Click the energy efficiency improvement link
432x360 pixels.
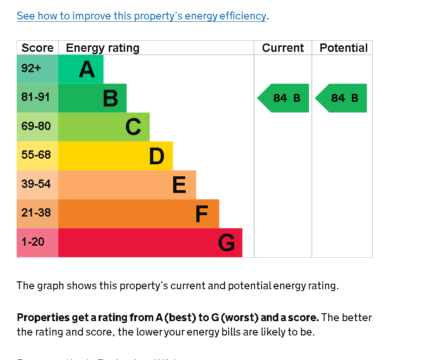click(141, 16)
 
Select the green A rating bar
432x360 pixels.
click(81, 69)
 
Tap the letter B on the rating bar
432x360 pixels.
click(110, 98)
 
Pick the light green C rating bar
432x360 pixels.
click(104, 127)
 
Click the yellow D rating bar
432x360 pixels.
click(115, 156)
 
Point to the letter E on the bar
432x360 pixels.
click(179, 185)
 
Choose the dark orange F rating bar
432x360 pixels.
click(138, 214)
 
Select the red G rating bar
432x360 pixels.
click(150, 242)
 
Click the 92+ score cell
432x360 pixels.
click(37, 69)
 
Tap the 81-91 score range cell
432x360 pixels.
click(37, 98)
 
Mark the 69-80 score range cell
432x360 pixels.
click(37, 126)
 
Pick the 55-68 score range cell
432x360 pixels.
click(37, 155)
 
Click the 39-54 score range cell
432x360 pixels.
click(37, 184)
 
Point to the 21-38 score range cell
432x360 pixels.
click(37, 213)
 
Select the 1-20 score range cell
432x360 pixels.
click(37, 242)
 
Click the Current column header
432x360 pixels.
click(283, 48)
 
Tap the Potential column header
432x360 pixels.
click(344, 48)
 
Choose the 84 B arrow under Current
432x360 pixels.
click(284, 98)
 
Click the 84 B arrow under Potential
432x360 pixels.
click(342, 98)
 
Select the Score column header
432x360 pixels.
click(38, 48)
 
